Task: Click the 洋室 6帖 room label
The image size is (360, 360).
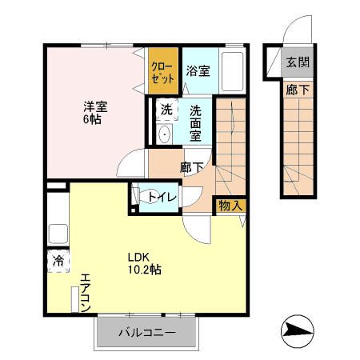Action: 90,112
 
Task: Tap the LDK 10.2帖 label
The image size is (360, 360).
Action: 144,264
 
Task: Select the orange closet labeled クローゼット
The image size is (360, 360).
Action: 159,73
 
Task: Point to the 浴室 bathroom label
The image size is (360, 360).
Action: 198,71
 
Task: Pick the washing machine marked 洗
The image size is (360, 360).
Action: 166,110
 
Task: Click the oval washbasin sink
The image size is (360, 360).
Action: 166,134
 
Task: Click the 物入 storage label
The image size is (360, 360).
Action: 230,205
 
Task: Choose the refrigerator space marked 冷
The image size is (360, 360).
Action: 58,262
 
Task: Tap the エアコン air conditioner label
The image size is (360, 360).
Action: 84,294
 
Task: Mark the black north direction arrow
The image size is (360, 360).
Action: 296,330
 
